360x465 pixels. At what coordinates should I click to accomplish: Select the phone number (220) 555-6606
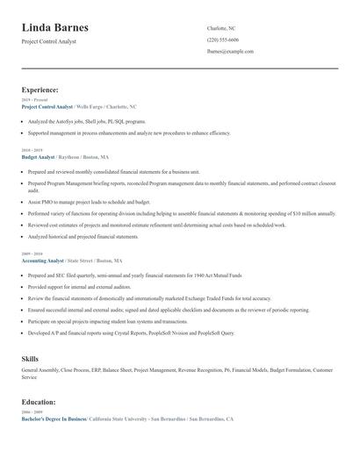[222, 39]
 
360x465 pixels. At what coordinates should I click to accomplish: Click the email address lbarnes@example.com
[230, 51]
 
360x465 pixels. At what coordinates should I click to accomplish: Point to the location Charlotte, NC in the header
[221, 28]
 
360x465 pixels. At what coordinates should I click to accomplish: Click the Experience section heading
[40, 89]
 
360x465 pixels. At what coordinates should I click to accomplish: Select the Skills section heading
[30, 359]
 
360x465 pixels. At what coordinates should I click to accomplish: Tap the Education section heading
[40, 403]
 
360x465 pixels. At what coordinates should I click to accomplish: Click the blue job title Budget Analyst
[38, 156]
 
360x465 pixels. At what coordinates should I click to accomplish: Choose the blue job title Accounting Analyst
[42, 261]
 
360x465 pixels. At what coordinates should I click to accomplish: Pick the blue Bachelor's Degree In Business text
[54, 419]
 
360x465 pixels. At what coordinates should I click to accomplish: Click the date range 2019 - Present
[34, 100]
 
